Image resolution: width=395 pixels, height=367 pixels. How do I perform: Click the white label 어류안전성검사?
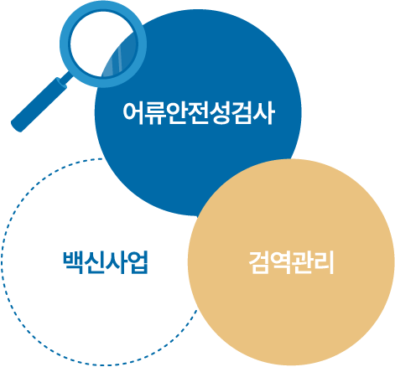coord(199,113)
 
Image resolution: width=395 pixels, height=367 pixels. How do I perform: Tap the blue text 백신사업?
coord(106,262)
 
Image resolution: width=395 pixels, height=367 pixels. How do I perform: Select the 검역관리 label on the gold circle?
coord(291,262)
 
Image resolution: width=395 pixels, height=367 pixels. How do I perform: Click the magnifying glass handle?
coord(39,106)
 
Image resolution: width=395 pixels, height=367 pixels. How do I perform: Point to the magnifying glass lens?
coord(103,44)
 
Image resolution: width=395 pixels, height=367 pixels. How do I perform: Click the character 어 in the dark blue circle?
coord(133,113)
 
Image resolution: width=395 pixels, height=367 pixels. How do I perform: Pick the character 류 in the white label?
coord(154,113)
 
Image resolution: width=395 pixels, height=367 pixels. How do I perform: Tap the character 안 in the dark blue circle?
coord(176,113)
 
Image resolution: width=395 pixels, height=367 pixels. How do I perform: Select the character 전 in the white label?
coord(199,113)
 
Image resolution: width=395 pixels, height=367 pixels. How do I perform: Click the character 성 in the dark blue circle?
coord(221,113)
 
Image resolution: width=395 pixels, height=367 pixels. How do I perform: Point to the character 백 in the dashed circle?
coord(73,262)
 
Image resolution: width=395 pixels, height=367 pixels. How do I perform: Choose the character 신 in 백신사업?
coord(94,262)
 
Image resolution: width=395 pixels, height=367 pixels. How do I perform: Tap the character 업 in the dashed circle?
coord(138,262)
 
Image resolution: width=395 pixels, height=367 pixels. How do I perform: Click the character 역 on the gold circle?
coord(280,262)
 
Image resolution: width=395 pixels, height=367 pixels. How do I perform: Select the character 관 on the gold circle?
coord(302,262)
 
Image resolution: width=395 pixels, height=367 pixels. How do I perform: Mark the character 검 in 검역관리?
coord(258,262)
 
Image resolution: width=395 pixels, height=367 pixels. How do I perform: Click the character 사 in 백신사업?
coord(117,262)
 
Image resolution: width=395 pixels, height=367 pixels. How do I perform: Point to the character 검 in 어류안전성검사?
coord(242,113)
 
